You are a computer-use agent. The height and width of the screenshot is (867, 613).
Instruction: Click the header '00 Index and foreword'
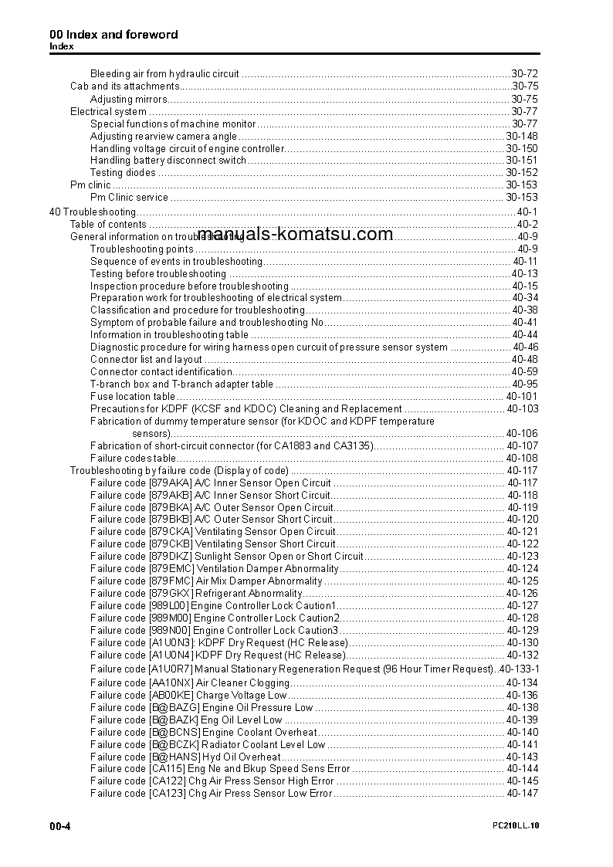113,35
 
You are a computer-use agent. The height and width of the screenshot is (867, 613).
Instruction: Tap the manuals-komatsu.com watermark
295,235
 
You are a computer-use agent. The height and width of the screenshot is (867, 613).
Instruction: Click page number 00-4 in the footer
60,826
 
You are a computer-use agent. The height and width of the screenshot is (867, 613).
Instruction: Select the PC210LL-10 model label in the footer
516,826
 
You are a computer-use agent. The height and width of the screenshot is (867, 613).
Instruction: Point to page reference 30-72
524,74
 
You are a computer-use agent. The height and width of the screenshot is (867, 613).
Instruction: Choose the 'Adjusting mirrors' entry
128,99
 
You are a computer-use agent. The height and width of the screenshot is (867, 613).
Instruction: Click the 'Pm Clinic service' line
129,198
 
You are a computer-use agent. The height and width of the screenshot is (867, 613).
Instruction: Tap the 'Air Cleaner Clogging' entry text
242,682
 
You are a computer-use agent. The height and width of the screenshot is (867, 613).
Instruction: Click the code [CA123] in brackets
167,794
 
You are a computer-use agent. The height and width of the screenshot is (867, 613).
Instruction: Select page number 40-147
522,794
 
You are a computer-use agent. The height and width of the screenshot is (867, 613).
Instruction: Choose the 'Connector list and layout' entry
146,360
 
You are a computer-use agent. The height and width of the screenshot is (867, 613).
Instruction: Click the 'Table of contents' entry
108,225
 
